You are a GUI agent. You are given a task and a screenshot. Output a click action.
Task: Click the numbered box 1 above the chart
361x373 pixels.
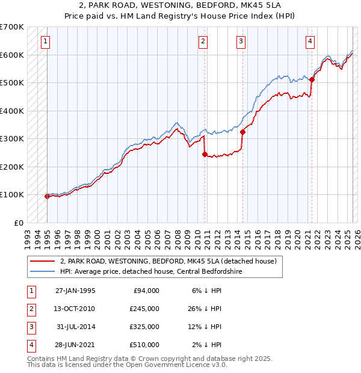[x=46, y=42]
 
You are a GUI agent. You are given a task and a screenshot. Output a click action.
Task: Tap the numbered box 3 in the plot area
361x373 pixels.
[x=241, y=42]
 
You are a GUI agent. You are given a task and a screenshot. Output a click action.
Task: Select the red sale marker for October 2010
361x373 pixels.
[x=205, y=154]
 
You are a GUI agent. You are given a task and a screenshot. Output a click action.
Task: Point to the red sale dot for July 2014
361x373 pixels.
[x=242, y=132]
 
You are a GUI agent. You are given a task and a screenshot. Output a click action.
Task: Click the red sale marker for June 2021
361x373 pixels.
[x=312, y=79]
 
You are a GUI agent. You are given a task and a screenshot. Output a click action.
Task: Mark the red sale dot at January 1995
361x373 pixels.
[x=47, y=196]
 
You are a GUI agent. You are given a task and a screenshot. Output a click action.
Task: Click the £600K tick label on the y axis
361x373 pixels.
[x=12, y=55]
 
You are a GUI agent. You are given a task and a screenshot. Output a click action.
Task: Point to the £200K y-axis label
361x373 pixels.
[x=12, y=167]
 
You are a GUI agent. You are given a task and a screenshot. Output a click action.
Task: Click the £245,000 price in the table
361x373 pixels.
[x=144, y=309]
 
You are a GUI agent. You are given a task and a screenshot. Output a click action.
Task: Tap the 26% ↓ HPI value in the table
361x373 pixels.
[x=205, y=309]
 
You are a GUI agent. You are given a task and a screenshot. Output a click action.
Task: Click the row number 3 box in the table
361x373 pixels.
[x=31, y=327]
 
